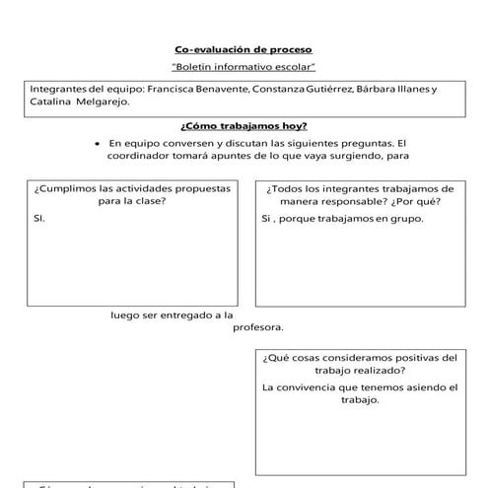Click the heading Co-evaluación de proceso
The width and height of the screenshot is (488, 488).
(243, 49)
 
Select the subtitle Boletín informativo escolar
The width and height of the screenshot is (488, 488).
(243, 67)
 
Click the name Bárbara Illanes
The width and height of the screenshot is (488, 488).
(393, 89)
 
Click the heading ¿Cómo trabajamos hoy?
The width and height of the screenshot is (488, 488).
(243, 126)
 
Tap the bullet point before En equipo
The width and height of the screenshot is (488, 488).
(97, 143)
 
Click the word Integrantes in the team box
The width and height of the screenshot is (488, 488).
(58, 89)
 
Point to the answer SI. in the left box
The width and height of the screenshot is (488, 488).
(39, 219)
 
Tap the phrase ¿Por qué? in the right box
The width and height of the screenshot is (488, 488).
(419, 201)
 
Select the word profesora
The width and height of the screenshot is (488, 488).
(257, 327)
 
